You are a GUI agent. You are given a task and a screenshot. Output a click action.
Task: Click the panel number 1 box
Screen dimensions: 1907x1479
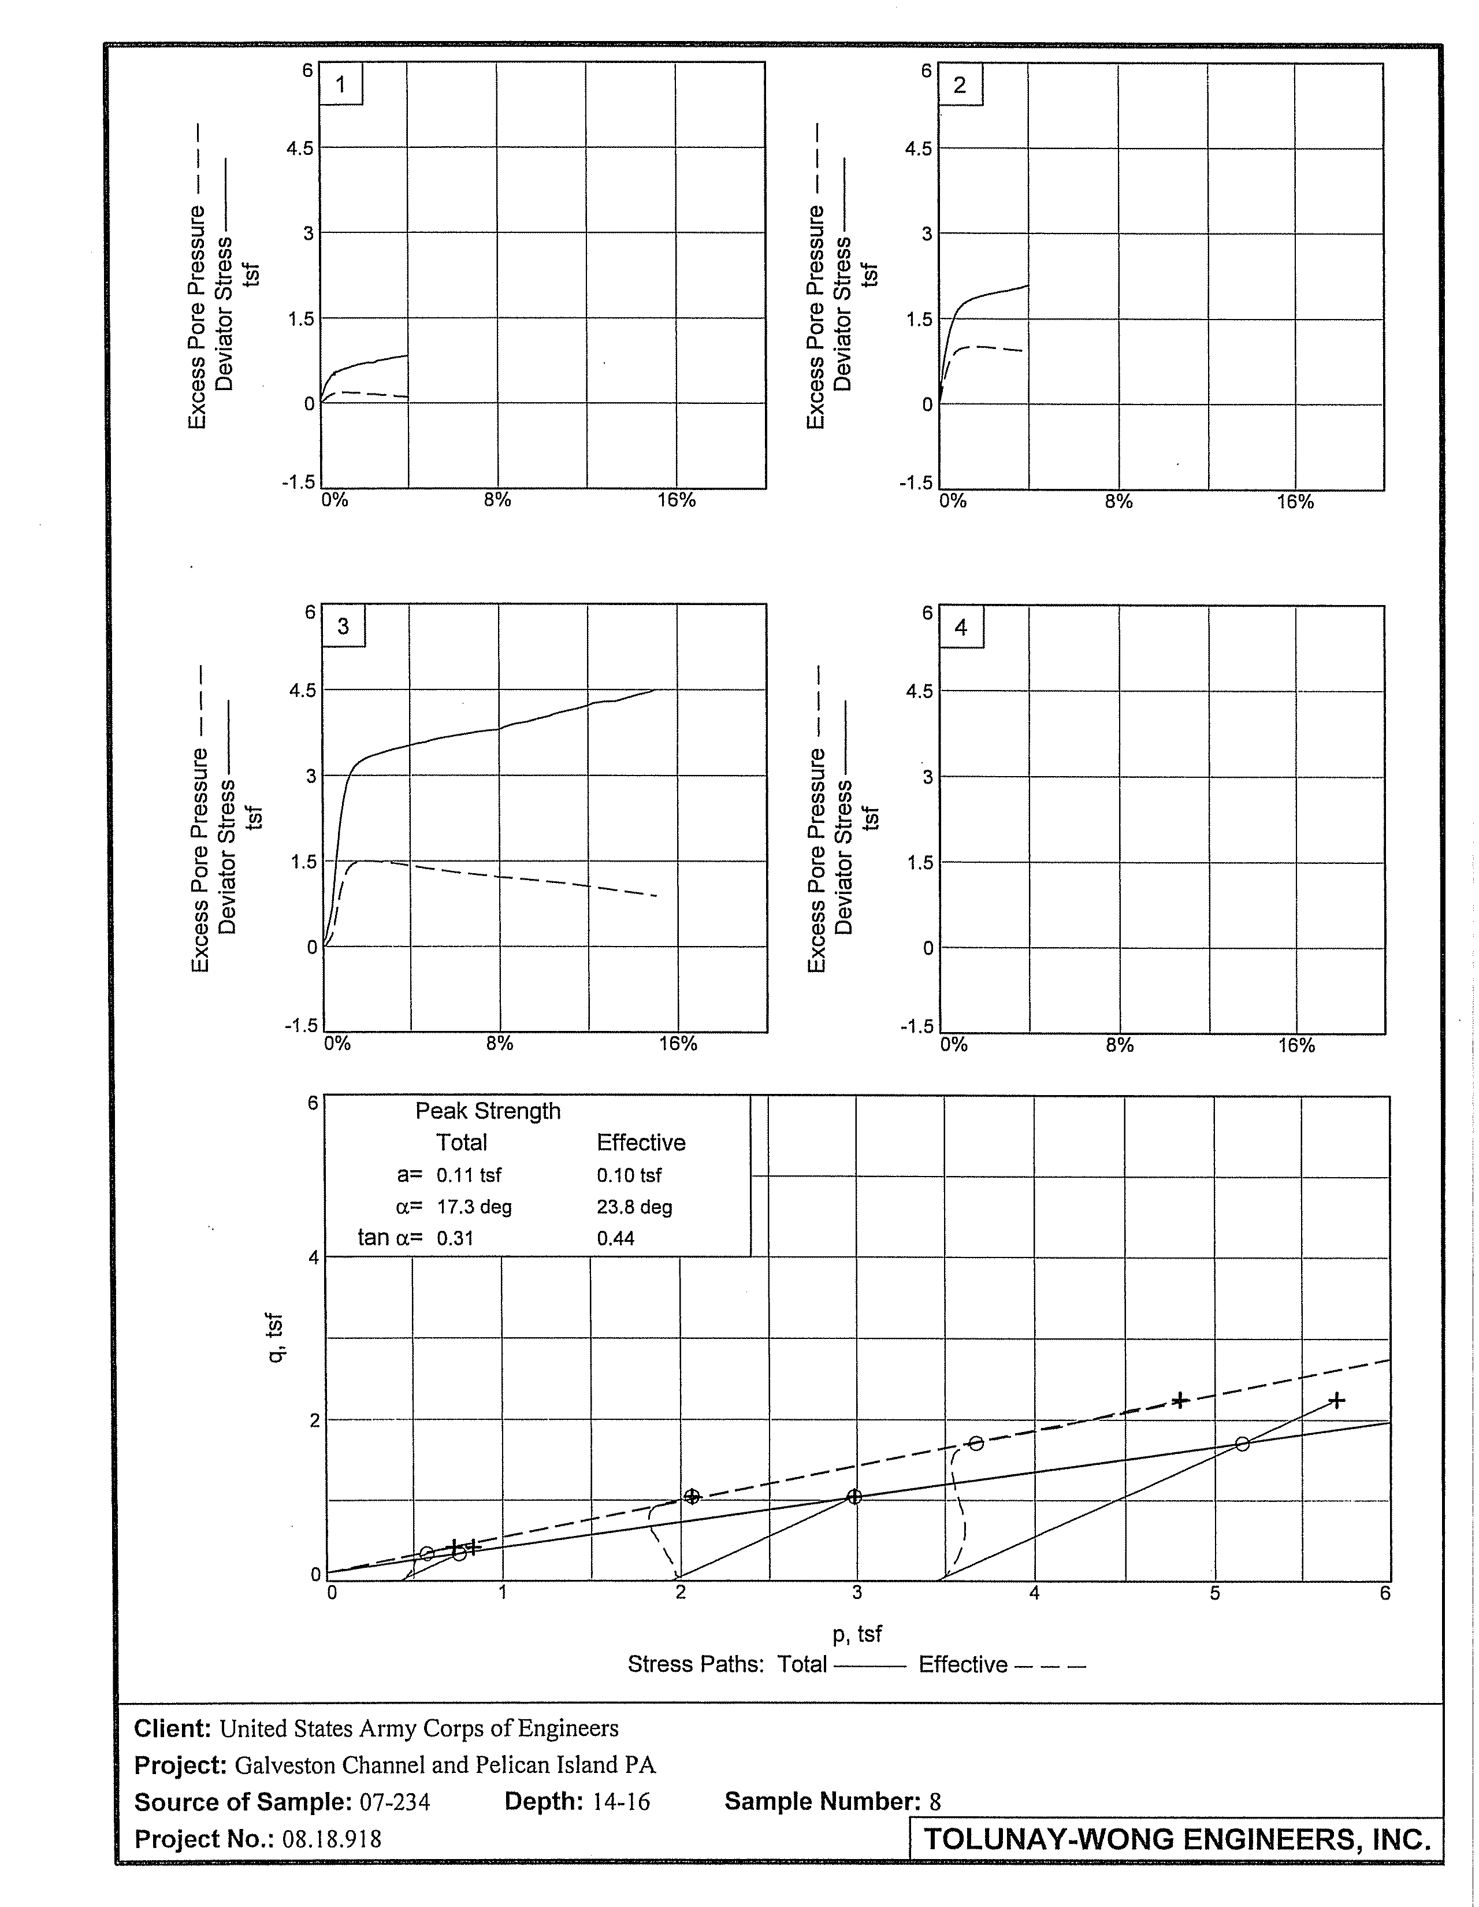click(340, 85)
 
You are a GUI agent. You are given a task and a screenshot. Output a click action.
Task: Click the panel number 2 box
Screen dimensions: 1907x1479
click(960, 86)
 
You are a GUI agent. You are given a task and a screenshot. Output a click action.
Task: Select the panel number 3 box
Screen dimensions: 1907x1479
click(343, 626)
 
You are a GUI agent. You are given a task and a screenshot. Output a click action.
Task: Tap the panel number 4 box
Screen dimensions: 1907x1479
click(961, 628)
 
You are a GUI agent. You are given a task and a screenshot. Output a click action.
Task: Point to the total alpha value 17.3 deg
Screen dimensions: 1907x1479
click(474, 1207)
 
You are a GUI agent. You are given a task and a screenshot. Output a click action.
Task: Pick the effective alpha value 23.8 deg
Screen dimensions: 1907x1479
click(634, 1207)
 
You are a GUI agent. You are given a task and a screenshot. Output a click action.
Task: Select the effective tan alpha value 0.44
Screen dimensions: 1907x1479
click(615, 1238)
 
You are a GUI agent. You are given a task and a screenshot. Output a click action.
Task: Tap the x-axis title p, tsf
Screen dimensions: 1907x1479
click(857, 1633)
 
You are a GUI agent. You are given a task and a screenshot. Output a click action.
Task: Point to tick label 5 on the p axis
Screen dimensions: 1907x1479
click(1214, 1593)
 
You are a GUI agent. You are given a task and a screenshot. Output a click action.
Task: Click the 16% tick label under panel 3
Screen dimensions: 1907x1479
click(678, 1044)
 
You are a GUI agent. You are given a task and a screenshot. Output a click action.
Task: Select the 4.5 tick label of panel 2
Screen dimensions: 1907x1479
click(919, 149)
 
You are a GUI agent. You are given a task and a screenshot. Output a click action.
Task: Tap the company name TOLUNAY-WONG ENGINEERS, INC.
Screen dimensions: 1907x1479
click(1177, 1839)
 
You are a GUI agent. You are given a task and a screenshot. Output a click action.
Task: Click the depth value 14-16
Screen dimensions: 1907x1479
click(620, 1801)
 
